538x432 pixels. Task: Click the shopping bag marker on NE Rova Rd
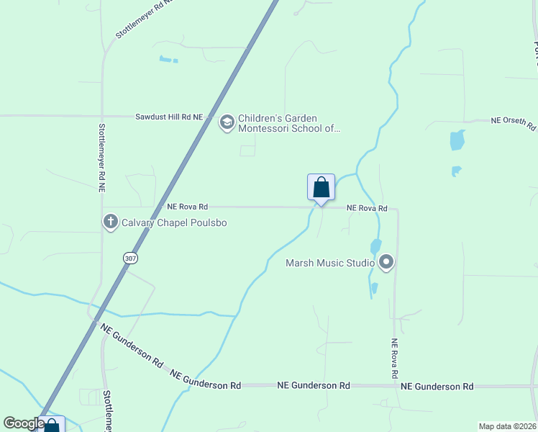pos(321,188)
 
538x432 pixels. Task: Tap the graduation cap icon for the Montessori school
pos(227,123)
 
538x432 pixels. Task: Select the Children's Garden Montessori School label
pos(288,123)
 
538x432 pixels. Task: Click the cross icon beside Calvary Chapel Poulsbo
pos(111,222)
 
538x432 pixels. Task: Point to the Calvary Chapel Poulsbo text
pos(174,223)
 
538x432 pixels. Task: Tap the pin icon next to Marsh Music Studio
pos(386,263)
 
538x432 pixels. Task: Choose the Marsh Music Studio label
pos(330,263)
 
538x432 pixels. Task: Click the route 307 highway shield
pos(130,258)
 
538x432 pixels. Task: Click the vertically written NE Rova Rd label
pos(394,359)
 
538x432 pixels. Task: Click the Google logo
pos(24,423)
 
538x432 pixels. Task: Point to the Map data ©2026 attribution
pos(507,426)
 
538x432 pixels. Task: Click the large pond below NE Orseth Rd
pos(457,140)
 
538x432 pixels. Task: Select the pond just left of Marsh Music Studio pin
pos(375,246)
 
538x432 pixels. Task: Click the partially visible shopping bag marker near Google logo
pos(53,426)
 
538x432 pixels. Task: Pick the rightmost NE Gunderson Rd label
pos(437,387)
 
